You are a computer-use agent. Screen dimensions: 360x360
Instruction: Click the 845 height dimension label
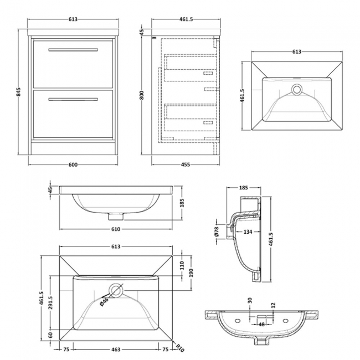tap(18, 92)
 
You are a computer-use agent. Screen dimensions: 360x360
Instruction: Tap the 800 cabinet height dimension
tap(142, 95)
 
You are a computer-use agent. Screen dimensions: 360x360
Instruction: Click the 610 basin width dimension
tap(116, 229)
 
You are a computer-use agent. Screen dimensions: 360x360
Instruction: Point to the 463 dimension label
tap(116, 350)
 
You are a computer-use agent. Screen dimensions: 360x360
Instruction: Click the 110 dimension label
tap(182, 265)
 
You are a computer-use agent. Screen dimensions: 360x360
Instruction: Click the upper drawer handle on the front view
tap(73, 50)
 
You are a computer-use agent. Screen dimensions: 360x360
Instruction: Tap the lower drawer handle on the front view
tap(73, 99)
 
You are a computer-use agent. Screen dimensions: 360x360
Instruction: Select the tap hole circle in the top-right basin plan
tap(297, 89)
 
